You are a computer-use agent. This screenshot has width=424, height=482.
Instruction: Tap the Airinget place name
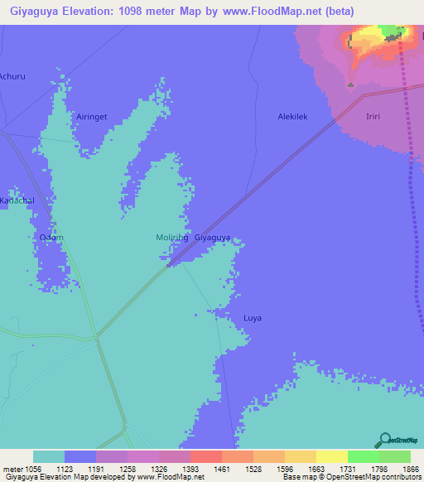coord(92,117)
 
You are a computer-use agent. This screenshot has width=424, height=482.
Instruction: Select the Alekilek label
coord(292,117)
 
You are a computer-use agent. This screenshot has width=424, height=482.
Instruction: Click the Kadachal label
coord(15,201)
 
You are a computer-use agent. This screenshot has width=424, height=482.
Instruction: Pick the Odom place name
coord(51,238)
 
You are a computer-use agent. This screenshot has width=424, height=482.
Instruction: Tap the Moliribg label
coord(172,238)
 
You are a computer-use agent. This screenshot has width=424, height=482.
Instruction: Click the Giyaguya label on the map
coord(212,238)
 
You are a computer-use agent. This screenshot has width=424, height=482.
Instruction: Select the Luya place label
coord(253,317)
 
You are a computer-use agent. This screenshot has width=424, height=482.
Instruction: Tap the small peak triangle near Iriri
coord(350,84)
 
